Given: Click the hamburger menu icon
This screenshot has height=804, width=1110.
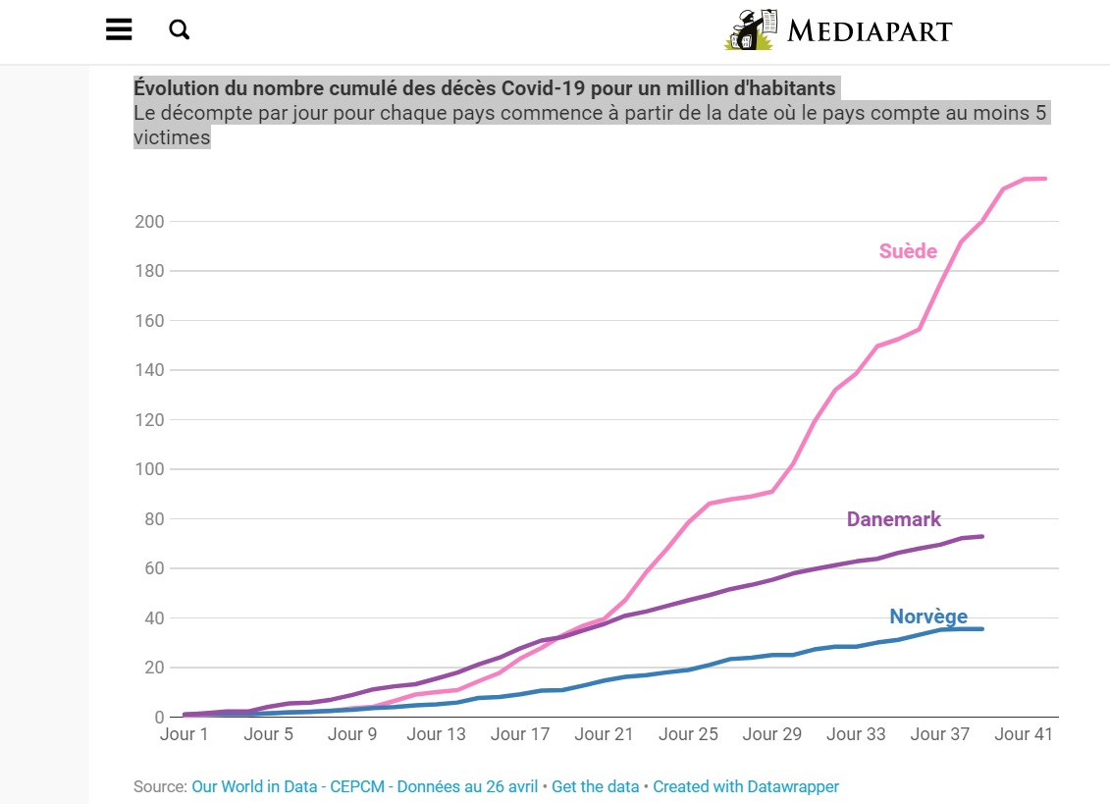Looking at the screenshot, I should (x=119, y=29).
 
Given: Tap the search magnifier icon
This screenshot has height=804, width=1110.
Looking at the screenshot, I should (x=179, y=29).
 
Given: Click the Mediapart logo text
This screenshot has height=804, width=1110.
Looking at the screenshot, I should (x=870, y=30).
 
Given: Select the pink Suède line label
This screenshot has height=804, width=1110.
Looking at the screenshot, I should (x=908, y=251).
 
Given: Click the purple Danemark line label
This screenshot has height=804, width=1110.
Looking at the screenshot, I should (x=893, y=519).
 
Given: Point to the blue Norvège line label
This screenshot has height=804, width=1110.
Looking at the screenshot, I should (x=927, y=616).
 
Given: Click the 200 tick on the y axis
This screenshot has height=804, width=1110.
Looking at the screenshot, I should (x=149, y=222).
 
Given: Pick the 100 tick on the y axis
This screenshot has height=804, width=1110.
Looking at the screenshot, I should (x=149, y=469).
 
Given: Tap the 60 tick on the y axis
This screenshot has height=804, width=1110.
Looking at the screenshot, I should (x=153, y=568).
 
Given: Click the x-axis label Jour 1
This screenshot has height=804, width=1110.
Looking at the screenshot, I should (x=184, y=734).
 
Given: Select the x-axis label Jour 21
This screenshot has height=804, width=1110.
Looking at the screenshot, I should (x=605, y=734).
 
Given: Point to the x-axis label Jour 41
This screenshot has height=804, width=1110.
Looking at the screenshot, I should (x=1026, y=734).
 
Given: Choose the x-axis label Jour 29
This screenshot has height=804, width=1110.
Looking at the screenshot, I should (x=773, y=734).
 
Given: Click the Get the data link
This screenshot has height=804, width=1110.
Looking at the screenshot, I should (x=595, y=786).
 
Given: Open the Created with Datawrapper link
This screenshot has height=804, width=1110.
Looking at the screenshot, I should (x=746, y=786).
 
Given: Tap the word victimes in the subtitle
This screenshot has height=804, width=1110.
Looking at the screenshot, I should (x=172, y=137).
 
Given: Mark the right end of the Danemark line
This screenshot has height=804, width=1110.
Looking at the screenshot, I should (x=982, y=536).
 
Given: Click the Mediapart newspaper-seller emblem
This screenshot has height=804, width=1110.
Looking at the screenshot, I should (x=752, y=30).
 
